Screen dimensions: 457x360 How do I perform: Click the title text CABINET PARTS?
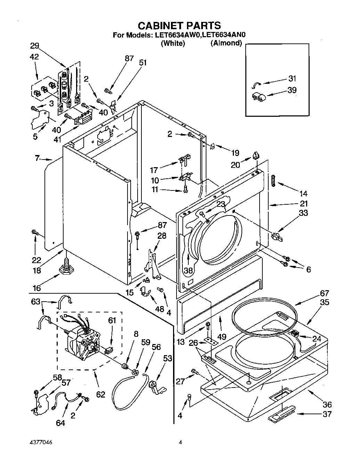point(179,25)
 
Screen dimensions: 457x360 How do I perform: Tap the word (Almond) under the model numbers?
point(226,43)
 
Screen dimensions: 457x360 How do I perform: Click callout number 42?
point(34,57)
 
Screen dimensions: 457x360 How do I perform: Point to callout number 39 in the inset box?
point(292,90)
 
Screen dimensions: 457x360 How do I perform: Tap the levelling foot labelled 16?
point(65,269)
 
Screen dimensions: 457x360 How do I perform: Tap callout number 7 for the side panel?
point(37,158)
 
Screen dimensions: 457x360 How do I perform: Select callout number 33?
point(303,213)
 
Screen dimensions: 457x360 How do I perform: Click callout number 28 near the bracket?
point(162,236)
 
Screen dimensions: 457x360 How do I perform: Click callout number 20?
point(235,165)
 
